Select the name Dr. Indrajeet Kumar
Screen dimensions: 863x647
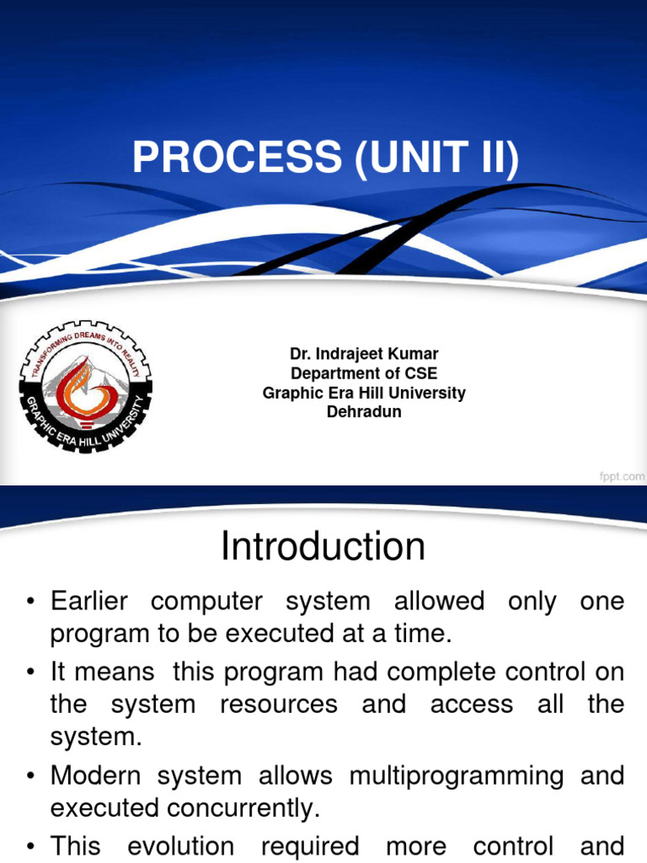tap(364, 354)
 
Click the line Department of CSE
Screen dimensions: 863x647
tap(364, 373)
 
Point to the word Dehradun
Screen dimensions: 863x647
tap(364, 412)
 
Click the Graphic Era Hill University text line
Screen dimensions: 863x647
tap(364, 393)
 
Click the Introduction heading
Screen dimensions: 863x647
tap(323, 547)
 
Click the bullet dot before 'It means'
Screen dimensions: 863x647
tap(30, 673)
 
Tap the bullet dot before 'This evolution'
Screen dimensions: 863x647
tap(30, 846)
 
